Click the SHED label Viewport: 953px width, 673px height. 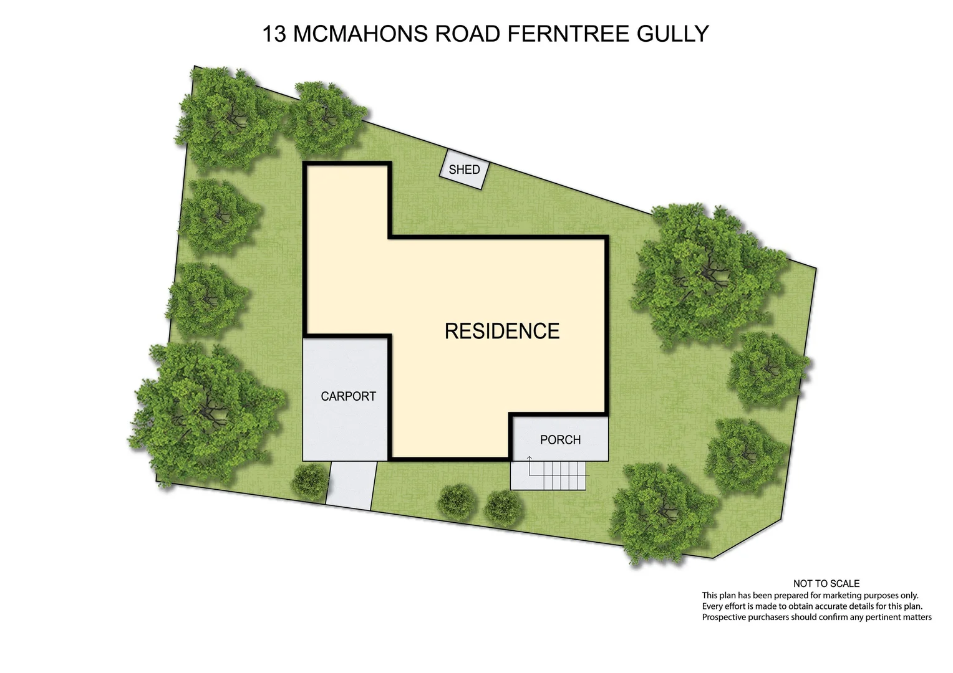pos(464,169)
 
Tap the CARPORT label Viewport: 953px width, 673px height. pos(348,396)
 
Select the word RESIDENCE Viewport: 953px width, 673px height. pos(502,331)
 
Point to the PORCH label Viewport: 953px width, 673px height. pos(560,440)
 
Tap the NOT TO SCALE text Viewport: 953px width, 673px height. pos(826,584)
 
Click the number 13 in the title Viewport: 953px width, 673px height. pos(274,34)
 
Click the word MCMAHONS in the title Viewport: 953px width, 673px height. pos(361,34)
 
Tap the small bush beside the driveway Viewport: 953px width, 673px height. pos(310,482)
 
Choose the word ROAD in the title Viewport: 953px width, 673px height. pos(468,34)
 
